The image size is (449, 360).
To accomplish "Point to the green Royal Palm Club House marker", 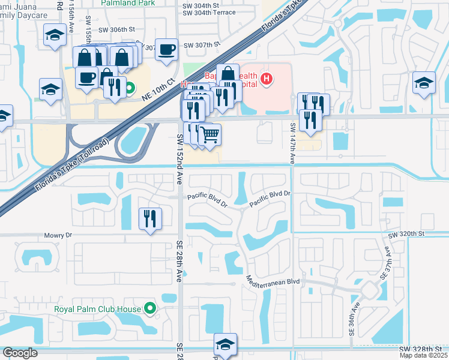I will coord(151,310).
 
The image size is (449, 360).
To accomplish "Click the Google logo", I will coord(20,353).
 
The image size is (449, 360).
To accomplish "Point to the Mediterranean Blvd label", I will coord(273,280).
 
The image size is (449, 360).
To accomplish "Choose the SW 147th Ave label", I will coord(293,144).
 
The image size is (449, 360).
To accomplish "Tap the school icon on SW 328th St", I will coord(226,344).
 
